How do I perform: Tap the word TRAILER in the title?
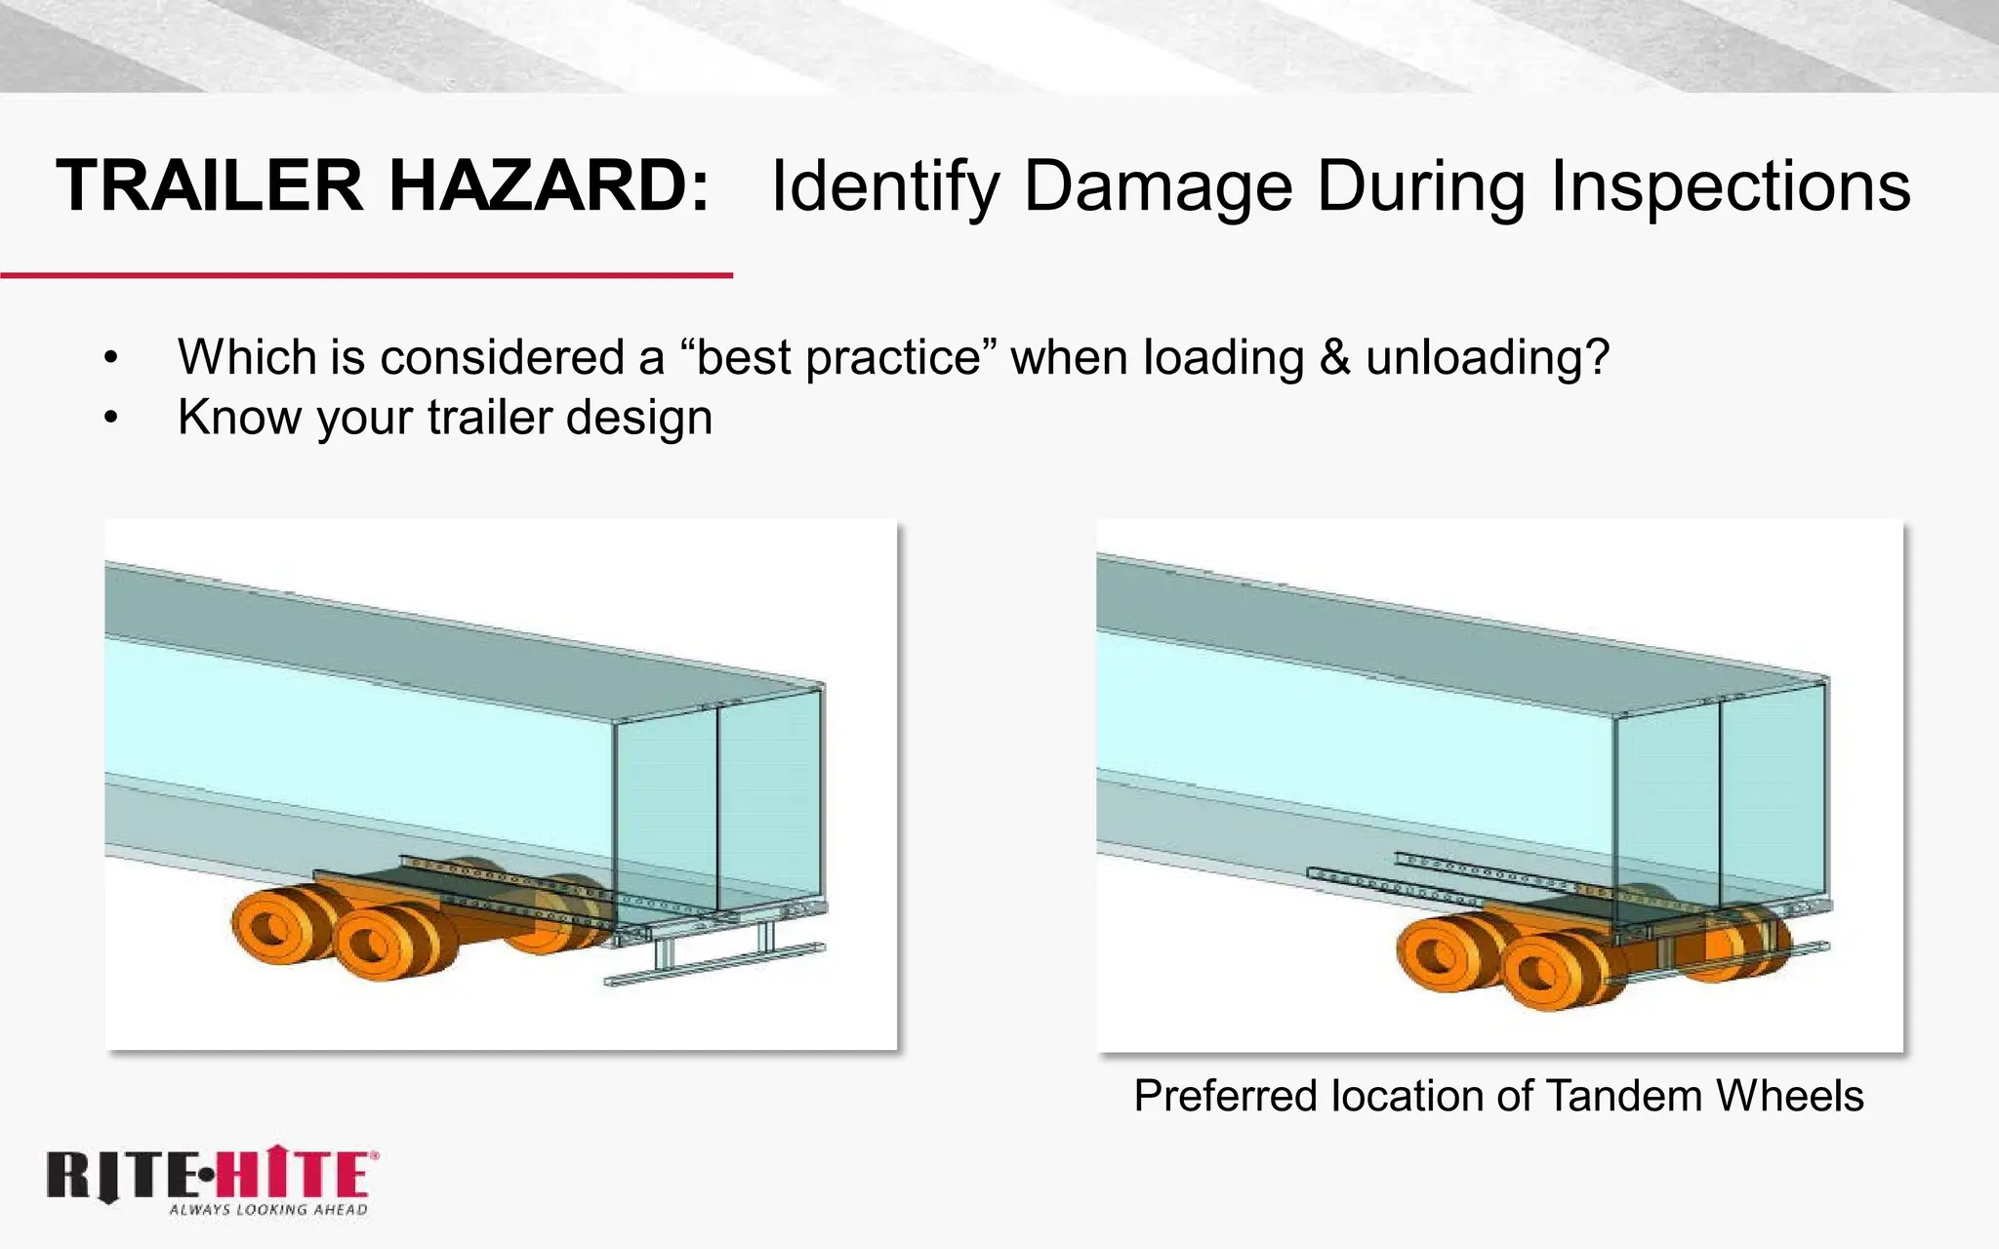pyautogui.click(x=210, y=185)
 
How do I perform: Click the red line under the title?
pyautogui.click(x=366, y=276)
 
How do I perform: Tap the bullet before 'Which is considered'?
pyautogui.click(x=111, y=358)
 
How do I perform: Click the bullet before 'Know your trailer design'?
pyautogui.click(x=111, y=419)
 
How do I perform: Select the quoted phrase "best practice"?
pyautogui.click(x=837, y=357)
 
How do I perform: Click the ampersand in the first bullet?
pyautogui.click(x=1334, y=357)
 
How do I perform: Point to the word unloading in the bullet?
pyautogui.click(x=1487, y=357)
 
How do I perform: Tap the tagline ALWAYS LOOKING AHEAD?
pyautogui.click(x=268, y=1210)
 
